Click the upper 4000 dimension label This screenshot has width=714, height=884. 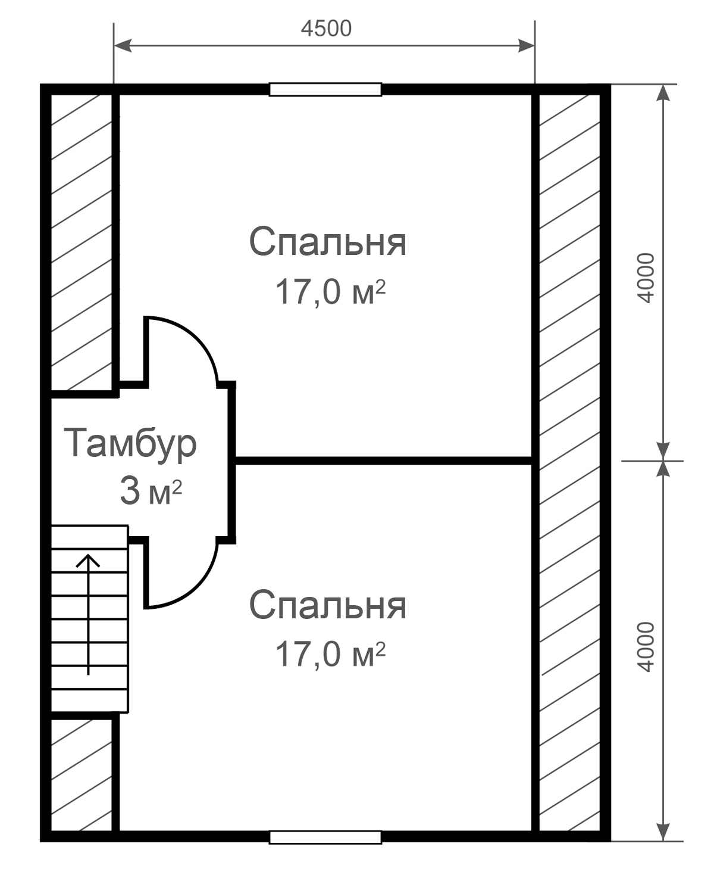point(646,278)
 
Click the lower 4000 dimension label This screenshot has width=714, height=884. point(646,647)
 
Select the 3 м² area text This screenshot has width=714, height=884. point(151,491)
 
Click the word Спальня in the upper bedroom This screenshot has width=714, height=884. point(327,241)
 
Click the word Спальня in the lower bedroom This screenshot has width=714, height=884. point(327,605)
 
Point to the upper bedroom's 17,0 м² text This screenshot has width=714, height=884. point(330,292)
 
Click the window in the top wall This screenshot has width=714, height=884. point(325,89)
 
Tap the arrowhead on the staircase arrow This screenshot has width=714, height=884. point(88,560)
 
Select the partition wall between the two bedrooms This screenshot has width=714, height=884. point(384,460)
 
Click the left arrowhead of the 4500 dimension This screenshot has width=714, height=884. point(123,46)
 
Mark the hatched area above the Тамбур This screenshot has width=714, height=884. point(82,242)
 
